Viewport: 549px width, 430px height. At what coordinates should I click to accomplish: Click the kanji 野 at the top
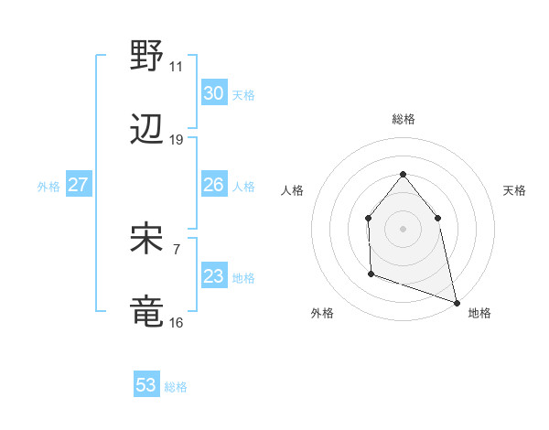(147, 56)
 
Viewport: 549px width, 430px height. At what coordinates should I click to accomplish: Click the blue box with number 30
(213, 93)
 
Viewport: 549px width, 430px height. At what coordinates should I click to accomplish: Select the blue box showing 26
(213, 186)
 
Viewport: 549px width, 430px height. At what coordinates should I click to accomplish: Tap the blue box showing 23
(213, 277)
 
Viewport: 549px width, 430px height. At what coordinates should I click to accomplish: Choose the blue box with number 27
(78, 186)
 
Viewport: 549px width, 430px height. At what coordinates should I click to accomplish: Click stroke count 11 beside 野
(177, 66)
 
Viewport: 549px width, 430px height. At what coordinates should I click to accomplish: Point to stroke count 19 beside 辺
(177, 140)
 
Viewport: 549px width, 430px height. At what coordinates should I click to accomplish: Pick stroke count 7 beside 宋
(177, 248)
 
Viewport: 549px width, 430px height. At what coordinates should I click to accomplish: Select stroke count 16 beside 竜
(177, 322)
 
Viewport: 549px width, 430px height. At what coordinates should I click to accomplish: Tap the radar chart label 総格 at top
(403, 119)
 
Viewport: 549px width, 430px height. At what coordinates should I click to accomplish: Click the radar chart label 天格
(514, 190)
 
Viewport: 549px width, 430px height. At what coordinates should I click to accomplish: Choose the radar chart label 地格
(479, 313)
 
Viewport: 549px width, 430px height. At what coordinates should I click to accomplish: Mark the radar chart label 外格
(322, 313)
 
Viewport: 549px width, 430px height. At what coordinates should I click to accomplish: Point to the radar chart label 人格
(292, 190)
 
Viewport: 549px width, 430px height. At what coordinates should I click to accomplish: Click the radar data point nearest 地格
(456, 302)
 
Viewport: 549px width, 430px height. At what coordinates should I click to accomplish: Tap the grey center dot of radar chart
(403, 228)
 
